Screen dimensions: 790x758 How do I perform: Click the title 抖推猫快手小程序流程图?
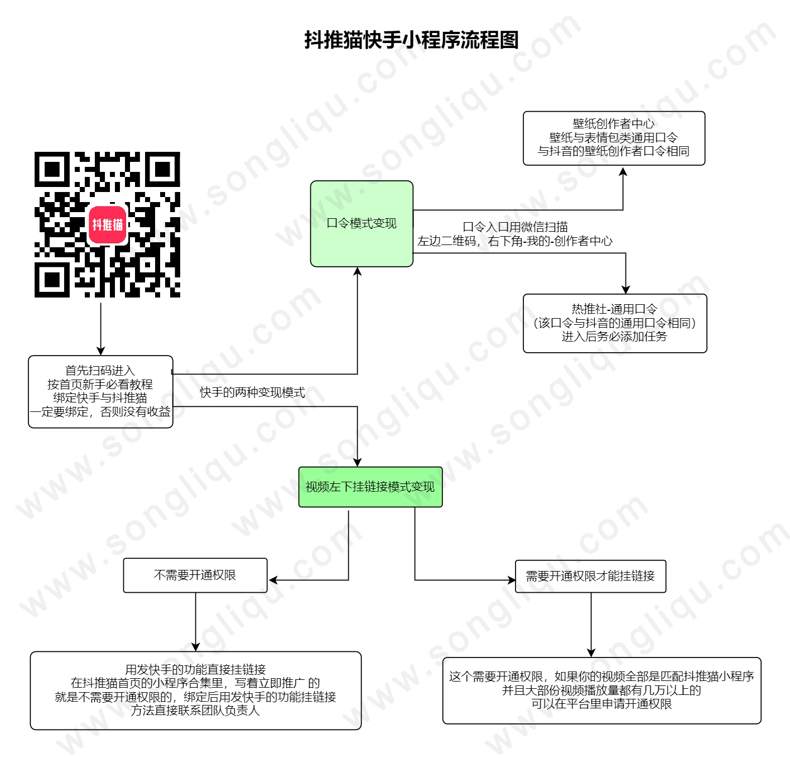[411, 40]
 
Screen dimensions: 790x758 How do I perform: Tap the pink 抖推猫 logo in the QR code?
[107, 224]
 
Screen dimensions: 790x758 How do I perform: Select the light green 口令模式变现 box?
[362, 223]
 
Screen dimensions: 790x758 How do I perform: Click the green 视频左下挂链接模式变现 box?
[370, 487]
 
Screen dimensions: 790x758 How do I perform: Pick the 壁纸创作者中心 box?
[613, 138]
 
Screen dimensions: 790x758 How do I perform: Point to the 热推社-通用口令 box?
[615, 323]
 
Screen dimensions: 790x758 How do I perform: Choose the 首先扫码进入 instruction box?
[100, 392]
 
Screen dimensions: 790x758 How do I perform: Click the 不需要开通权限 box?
[195, 575]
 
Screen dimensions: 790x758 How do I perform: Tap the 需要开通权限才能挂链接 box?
[590, 576]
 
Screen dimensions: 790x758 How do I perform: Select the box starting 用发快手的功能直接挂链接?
[195, 690]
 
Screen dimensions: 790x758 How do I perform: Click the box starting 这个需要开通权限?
[601, 690]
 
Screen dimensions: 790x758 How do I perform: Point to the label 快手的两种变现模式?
[252, 392]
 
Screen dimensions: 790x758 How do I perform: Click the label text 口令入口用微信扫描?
[515, 227]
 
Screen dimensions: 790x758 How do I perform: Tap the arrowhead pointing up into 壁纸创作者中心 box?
[623, 171]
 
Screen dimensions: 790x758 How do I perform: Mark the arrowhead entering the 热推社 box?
[625, 289]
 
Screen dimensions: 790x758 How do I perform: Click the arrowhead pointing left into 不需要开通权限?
[273, 580]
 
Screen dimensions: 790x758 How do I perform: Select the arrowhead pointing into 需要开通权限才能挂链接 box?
[511, 580]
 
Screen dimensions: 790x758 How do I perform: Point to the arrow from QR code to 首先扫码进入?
[100, 329]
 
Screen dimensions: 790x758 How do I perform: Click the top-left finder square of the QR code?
[52, 169]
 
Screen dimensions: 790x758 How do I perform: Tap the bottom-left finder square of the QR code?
[52, 280]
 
